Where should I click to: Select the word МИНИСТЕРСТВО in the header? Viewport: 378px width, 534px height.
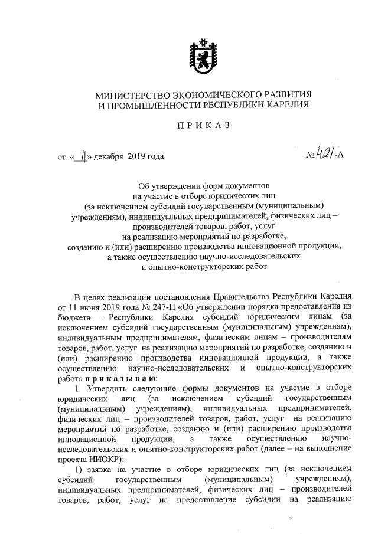126,94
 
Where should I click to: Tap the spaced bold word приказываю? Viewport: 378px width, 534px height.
121,378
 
